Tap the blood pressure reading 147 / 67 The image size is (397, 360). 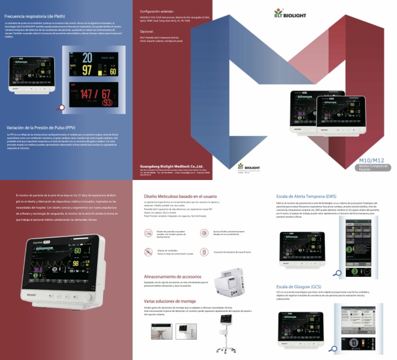(x=91, y=94)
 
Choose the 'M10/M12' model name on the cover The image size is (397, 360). (x=370, y=161)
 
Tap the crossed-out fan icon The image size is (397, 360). (x=148, y=251)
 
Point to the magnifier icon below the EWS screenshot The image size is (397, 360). (x=337, y=273)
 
